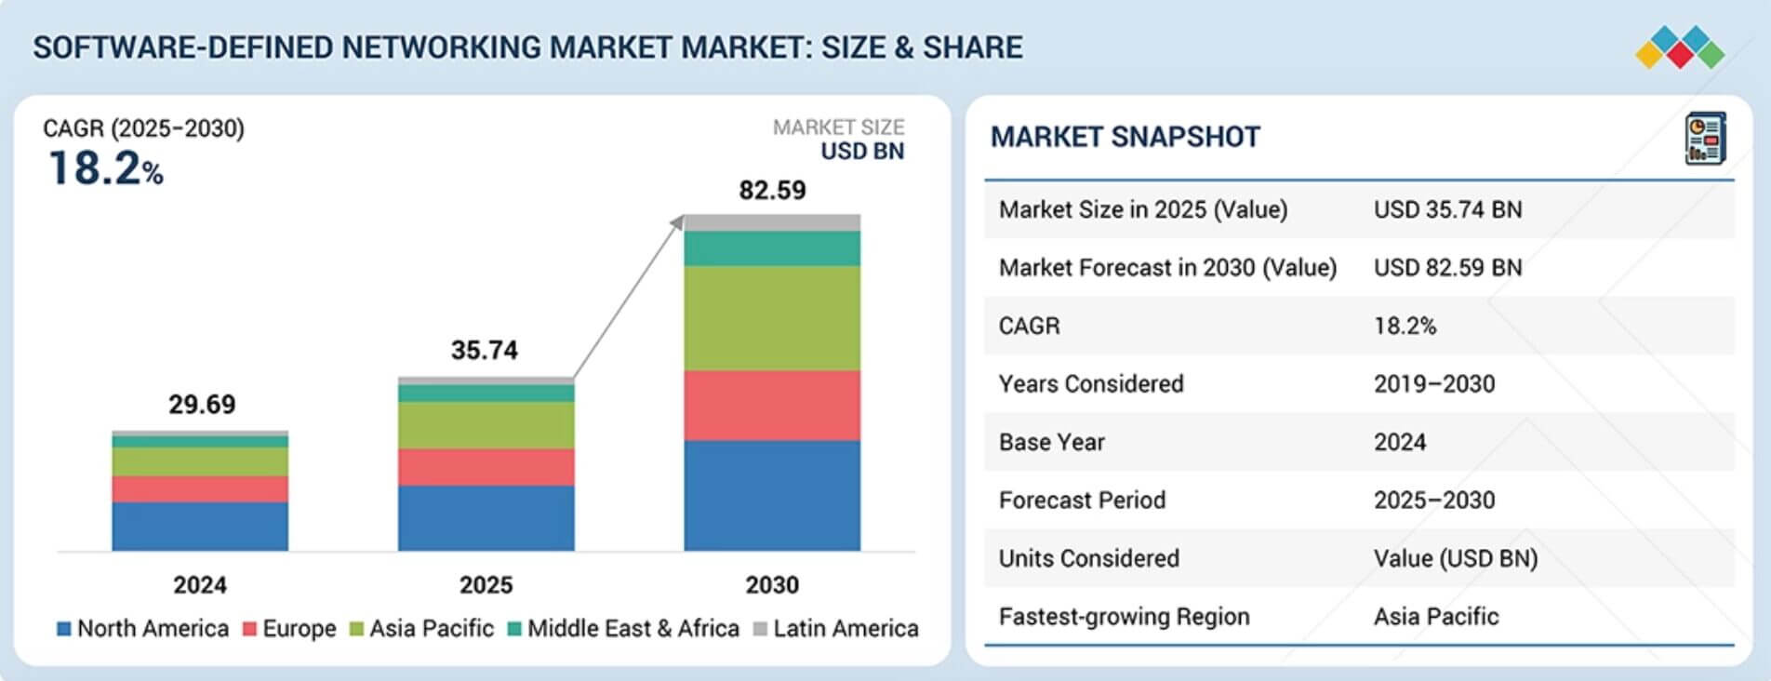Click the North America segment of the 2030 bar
[772, 495]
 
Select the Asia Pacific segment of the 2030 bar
[772, 318]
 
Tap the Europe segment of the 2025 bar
[486, 467]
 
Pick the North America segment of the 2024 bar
[200, 526]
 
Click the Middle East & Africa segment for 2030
[772, 248]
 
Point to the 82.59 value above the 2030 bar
[772, 191]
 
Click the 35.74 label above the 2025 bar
[485, 351]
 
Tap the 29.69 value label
[202, 405]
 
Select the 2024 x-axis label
[200, 585]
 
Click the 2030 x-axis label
[772, 585]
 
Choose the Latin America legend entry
[835, 629]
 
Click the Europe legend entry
[289, 629]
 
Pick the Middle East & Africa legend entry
[623, 629]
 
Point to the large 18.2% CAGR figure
[105, 169]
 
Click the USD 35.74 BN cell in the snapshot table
[1447, 209]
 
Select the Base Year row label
[1051, 442]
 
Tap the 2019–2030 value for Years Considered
[1434, 384]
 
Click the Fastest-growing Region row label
[1124, 617]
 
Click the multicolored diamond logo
[1680, 47]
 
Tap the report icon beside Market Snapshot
[1705, 139]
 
